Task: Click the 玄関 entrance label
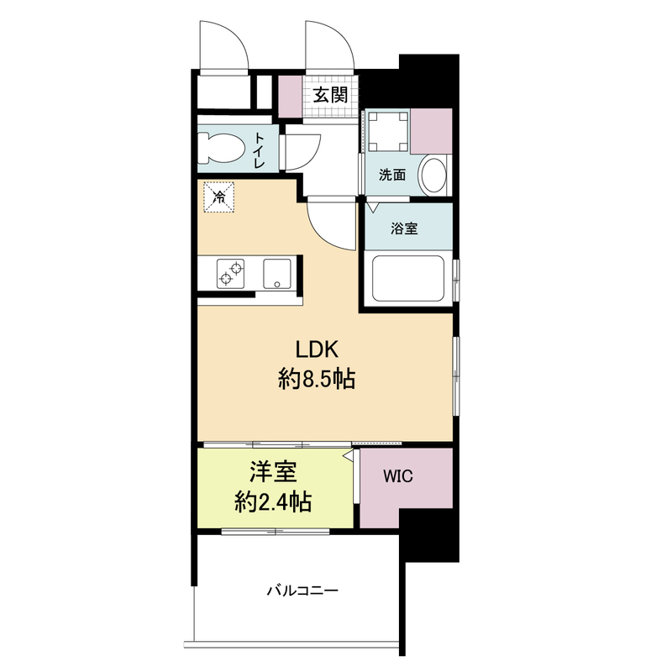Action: (330, 95)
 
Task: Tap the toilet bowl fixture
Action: (221, 148)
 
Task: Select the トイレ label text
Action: (260, 150)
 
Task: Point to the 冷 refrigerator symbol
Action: (219, 197)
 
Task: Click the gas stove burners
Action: (230, 274)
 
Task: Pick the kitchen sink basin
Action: (277, 274)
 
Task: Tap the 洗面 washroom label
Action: (392, 175)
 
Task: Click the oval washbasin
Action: (434, 175)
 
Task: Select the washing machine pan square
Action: (388, 132)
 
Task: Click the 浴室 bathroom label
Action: (404, 228)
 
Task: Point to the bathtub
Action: (408, 278)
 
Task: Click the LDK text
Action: (318, 349)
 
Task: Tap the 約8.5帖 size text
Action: (317, 379)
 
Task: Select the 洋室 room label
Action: (273, 472)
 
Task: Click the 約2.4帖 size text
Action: (273, 501)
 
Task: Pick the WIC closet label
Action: (397, 476)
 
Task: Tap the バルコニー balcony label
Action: (302, 591)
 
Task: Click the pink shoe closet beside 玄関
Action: (290, 97)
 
